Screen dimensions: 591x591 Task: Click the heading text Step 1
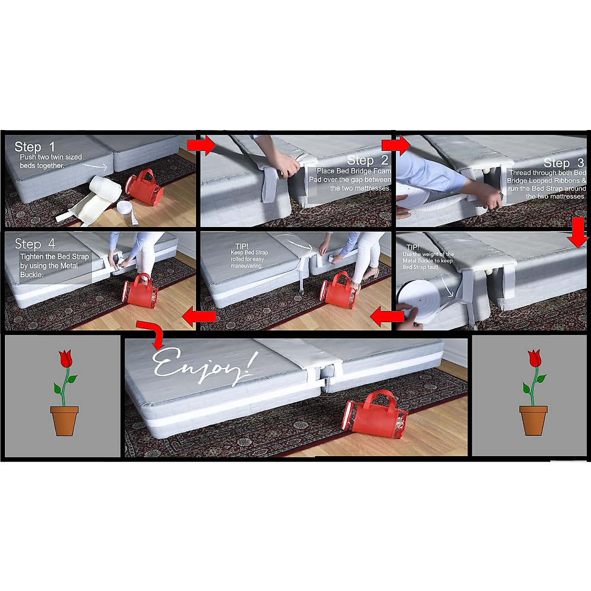(x=35, y=147)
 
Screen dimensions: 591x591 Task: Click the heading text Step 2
(x=367, y=160)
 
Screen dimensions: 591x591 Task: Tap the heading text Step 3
(x=564, y=163)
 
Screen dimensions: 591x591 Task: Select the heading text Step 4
(x=35, y=244)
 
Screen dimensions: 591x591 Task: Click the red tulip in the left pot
(x=65, y=359)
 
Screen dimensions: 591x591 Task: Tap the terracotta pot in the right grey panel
(x=533, y=420)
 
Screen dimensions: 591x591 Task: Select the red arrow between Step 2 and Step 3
(x=395, y=145)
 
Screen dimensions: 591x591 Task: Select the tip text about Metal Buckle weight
(x=427, y=258)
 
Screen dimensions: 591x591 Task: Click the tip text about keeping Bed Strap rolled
(x=250, y=256)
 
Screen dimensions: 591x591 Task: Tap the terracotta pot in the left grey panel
(x=65, y=420)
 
